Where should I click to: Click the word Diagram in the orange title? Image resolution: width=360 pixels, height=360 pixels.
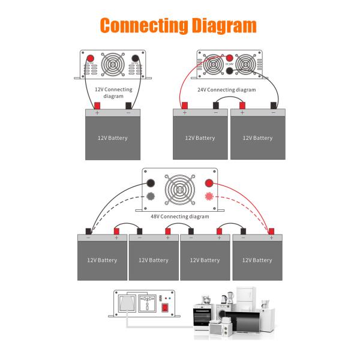pos(217,25)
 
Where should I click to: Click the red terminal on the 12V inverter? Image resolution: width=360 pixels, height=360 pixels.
pos(91,59)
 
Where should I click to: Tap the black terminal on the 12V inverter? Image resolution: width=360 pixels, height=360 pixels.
pos(134,59)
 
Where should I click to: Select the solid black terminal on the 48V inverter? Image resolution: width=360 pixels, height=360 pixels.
pos(151,182)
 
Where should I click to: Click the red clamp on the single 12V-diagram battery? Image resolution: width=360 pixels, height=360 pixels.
pos(97,107)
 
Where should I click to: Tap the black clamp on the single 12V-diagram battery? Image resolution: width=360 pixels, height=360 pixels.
pos(128,107)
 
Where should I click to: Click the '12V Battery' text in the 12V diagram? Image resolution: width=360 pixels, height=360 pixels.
pos(112,138)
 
